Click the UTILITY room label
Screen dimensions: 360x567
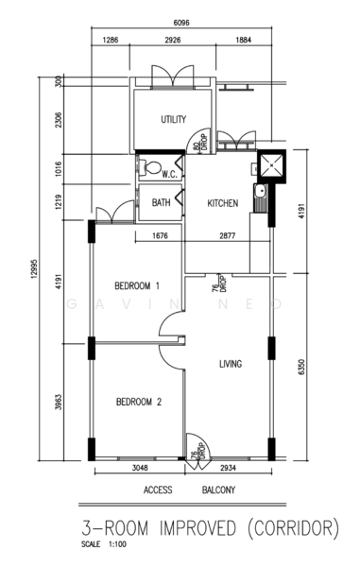click(174, 119)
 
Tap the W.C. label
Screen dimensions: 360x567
click(169, 175)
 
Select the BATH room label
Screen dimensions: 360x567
click(161, 202)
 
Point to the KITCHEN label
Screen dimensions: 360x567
click(223, 203)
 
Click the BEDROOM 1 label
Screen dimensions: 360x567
click(137, 286)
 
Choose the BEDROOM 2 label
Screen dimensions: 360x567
click(139, 402)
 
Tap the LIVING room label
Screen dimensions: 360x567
click(231, 364)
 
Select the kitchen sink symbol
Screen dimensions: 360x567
click(260, 198)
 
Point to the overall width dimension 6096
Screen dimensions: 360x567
click(181, 23)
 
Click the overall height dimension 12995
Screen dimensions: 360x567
click(34, 268)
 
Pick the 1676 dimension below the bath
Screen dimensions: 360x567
click(160, 235)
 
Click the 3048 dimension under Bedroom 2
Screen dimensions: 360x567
click(140, 468)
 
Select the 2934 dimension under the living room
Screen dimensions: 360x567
click(228, 468)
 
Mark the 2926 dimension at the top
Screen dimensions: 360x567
click(173, 40)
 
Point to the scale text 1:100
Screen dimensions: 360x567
click(117, 544)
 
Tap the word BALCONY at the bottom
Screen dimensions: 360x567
click(218, 490)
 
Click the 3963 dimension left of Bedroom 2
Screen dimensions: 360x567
click(59, 403)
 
